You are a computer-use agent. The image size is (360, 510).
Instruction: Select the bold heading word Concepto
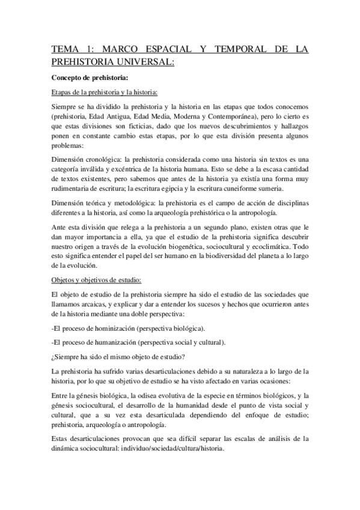(x=70, y=78)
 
